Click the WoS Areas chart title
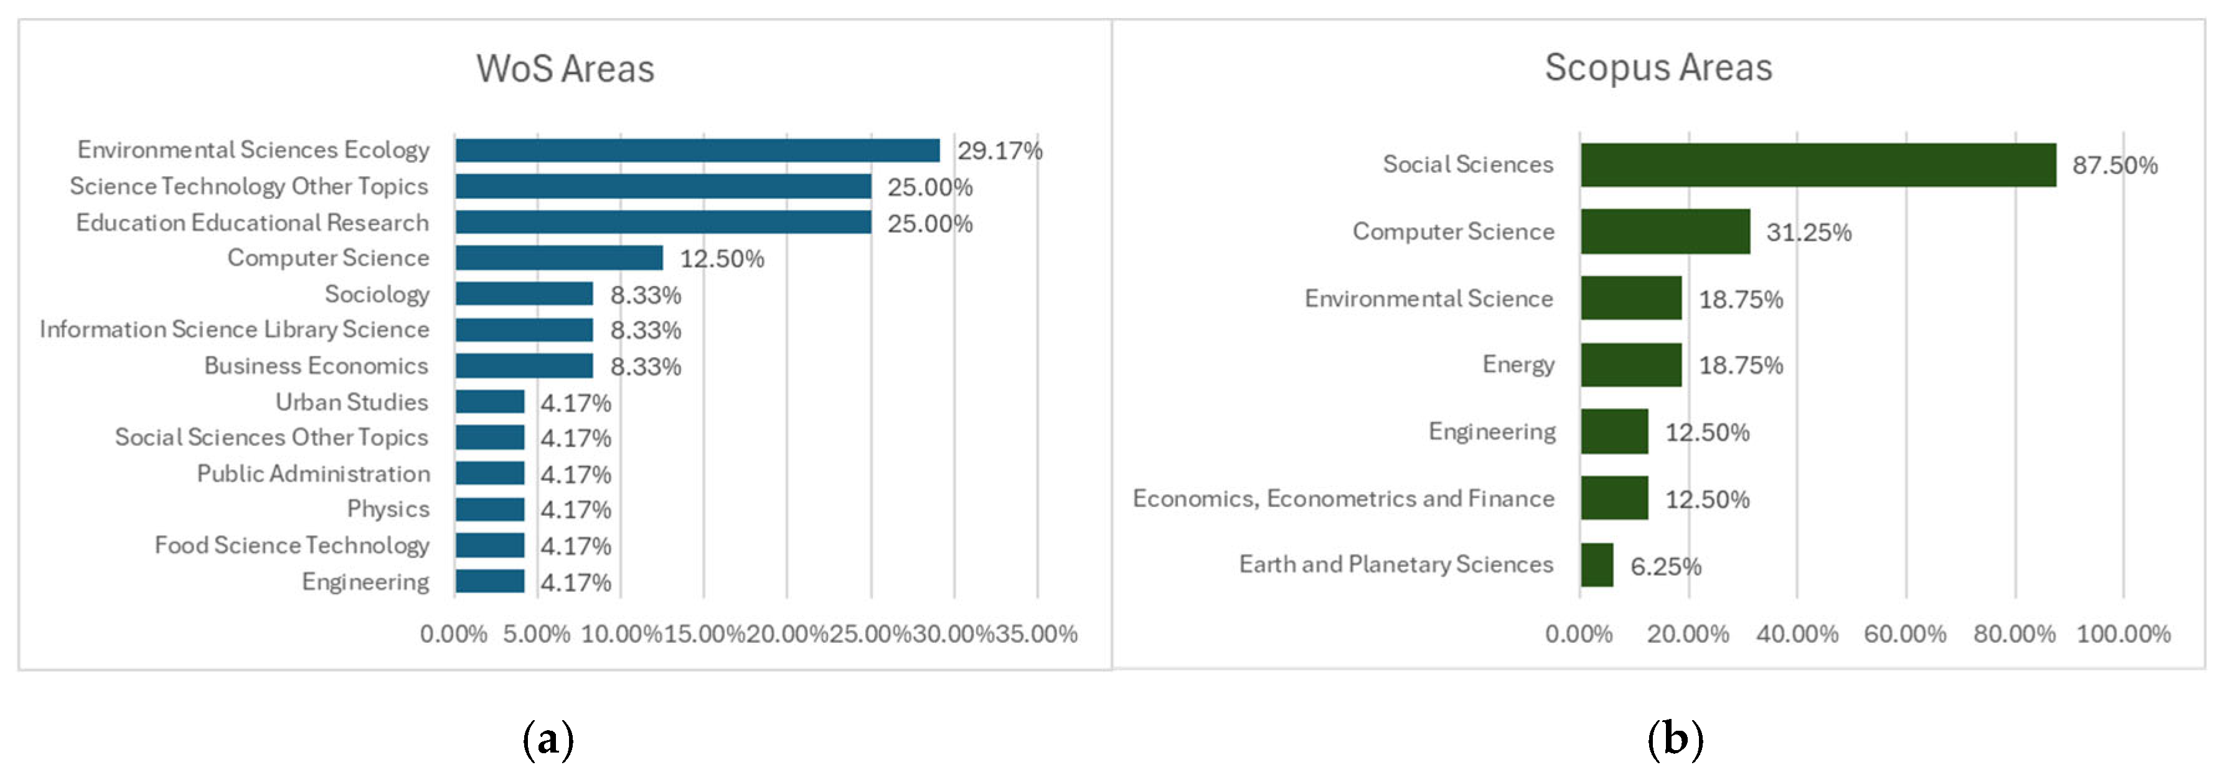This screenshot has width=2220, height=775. (565, 69)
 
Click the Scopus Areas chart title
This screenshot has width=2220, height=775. (1657, 67)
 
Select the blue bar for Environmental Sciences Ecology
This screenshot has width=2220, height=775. (697, 150)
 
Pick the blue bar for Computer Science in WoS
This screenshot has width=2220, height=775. (558, 258)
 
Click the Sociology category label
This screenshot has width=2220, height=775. (377, 294)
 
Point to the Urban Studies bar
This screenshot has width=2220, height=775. (489, 402)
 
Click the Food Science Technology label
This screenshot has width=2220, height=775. (291, 545)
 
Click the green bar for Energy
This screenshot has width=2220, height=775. (1630, 364)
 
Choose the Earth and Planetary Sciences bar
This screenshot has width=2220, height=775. (1596, 564)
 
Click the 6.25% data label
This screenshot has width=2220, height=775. (1665, 566)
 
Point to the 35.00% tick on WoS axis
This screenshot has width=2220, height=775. (1036, 634)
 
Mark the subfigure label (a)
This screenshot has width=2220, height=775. (548, 739)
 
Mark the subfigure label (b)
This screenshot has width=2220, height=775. (1675, 739)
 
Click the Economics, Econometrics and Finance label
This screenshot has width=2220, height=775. (1343, 498)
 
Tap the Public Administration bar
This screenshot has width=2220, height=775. (489, 473)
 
